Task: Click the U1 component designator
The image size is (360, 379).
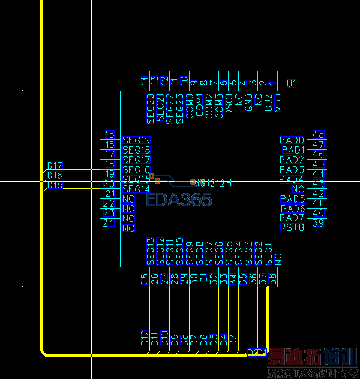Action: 292,83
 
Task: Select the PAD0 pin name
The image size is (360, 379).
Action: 292,140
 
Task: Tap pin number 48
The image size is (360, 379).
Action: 319,135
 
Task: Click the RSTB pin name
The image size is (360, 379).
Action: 292,228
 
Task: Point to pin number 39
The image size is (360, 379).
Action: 319,223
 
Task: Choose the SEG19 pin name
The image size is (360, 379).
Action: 136,140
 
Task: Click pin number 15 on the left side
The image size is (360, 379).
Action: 109,135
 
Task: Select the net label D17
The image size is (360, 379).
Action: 55,166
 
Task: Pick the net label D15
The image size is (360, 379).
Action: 55,185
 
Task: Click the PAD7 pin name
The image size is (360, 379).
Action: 292,218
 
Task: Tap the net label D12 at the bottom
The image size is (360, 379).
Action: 145,339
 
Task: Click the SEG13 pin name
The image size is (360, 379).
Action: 150,251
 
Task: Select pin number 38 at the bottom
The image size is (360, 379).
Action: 273,278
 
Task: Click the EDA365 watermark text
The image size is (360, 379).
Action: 179,200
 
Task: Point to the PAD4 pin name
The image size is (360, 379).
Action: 292,179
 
